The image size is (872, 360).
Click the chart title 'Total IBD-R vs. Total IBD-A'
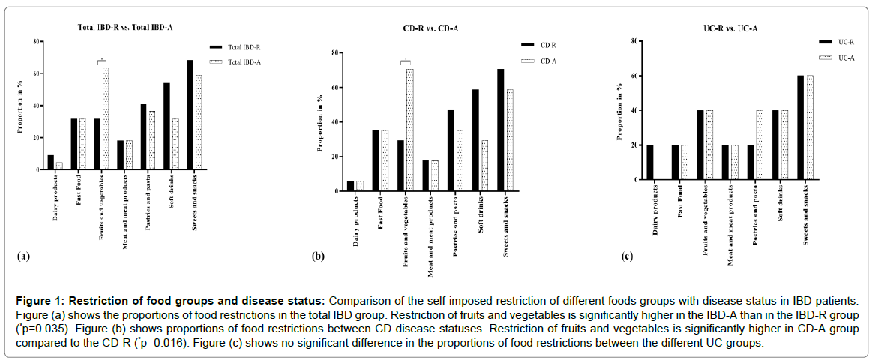126,28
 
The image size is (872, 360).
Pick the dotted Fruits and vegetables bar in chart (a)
106,118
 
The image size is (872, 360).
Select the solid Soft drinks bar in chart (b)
476,140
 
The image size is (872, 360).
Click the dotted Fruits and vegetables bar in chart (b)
409,130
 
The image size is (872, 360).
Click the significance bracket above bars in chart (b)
405,61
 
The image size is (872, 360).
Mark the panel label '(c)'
626,256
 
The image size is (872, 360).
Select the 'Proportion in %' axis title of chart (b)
319,122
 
